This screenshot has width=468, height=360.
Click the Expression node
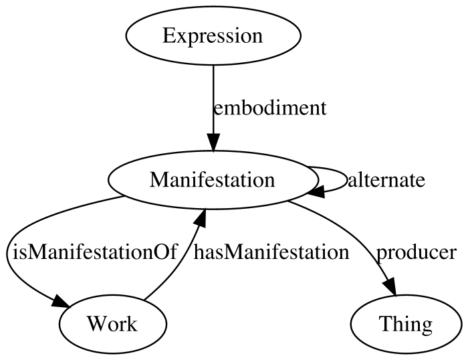pyautogui.click(x=213, y=35)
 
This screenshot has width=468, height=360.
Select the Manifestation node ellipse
pyautogui.click(x=213, y=180)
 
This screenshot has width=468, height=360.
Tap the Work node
pyautogui.click(x=113, y=324)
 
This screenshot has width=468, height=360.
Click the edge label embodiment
pyautogui.click(x=270, y=108)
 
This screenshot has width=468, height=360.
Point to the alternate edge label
pyautogui.click(x=386, y=180)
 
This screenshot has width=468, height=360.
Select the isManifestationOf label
pyautogui.click(x=95, y=252)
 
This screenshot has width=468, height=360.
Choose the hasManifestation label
pyautogui.click(x=271, y=252)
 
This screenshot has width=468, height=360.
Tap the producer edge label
pyautogui.click(x=416, y=252)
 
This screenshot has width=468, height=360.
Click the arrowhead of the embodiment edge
pyautogui.click(x=213, y=143)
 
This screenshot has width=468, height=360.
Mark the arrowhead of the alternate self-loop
pyautogui.click(x=317, y=191)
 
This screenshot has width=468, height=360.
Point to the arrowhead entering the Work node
pyautogui.click(x=61, y=301)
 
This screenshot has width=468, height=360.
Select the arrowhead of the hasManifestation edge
pyautogui.click(x=200, y=218)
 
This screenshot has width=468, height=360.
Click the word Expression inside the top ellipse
pyautogui.click(x=213, y=36)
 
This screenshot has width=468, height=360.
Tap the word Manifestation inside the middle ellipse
pyautogui.click(x=212, y=180)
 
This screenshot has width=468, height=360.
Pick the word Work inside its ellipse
pyautogui.click(x=112, y=324)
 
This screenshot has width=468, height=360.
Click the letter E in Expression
pyautogui.click(x=169, y=36)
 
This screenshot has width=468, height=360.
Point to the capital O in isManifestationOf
pyautogui.click(x=162, y=252)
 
